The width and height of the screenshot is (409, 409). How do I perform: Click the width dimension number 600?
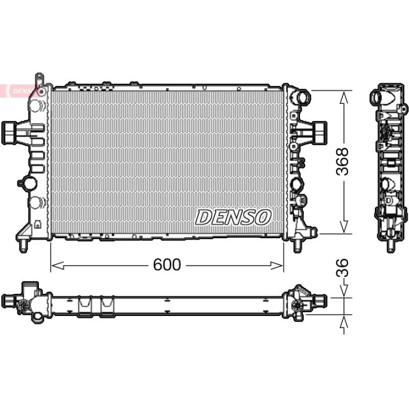coord(167,264)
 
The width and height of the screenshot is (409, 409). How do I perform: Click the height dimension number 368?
coord(342,161)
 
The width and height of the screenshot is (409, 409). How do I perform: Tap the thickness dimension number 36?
coord(342,267)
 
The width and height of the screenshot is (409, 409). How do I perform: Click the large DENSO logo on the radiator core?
coord(233,217)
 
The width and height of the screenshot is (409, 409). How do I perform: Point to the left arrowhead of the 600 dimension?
coord(57,265)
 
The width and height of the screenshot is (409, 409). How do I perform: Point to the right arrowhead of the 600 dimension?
coord(277,265)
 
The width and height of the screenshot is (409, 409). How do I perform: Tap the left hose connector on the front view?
coord(10,133)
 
